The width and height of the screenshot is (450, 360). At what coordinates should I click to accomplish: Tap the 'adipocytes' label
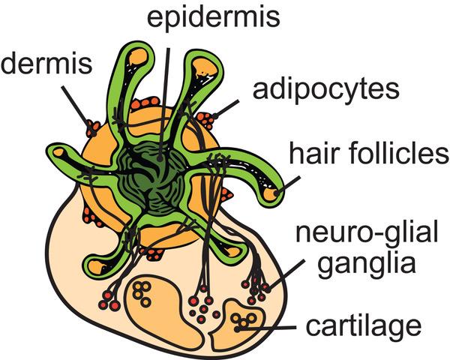click(325, 90)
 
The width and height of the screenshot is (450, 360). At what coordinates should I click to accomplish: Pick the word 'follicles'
click(392, 153)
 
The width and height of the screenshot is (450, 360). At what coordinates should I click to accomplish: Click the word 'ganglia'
click(367, 264)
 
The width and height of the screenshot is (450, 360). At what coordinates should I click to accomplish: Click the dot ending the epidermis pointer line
click(160, 158)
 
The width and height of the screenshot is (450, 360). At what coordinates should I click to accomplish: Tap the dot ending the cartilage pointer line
click(237, 329)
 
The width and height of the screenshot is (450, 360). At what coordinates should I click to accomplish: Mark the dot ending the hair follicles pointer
click(277, 193)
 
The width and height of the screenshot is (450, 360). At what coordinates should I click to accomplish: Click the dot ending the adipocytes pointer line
click(215, 116)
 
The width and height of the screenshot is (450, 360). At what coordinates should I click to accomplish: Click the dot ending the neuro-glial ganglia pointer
click(268, 289)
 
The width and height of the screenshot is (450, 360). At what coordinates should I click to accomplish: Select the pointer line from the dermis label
click(77, 109)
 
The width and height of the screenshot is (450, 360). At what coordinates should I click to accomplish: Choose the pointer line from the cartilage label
click(266, 328)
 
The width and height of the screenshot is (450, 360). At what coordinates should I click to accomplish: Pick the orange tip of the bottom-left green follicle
click(95, 266)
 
